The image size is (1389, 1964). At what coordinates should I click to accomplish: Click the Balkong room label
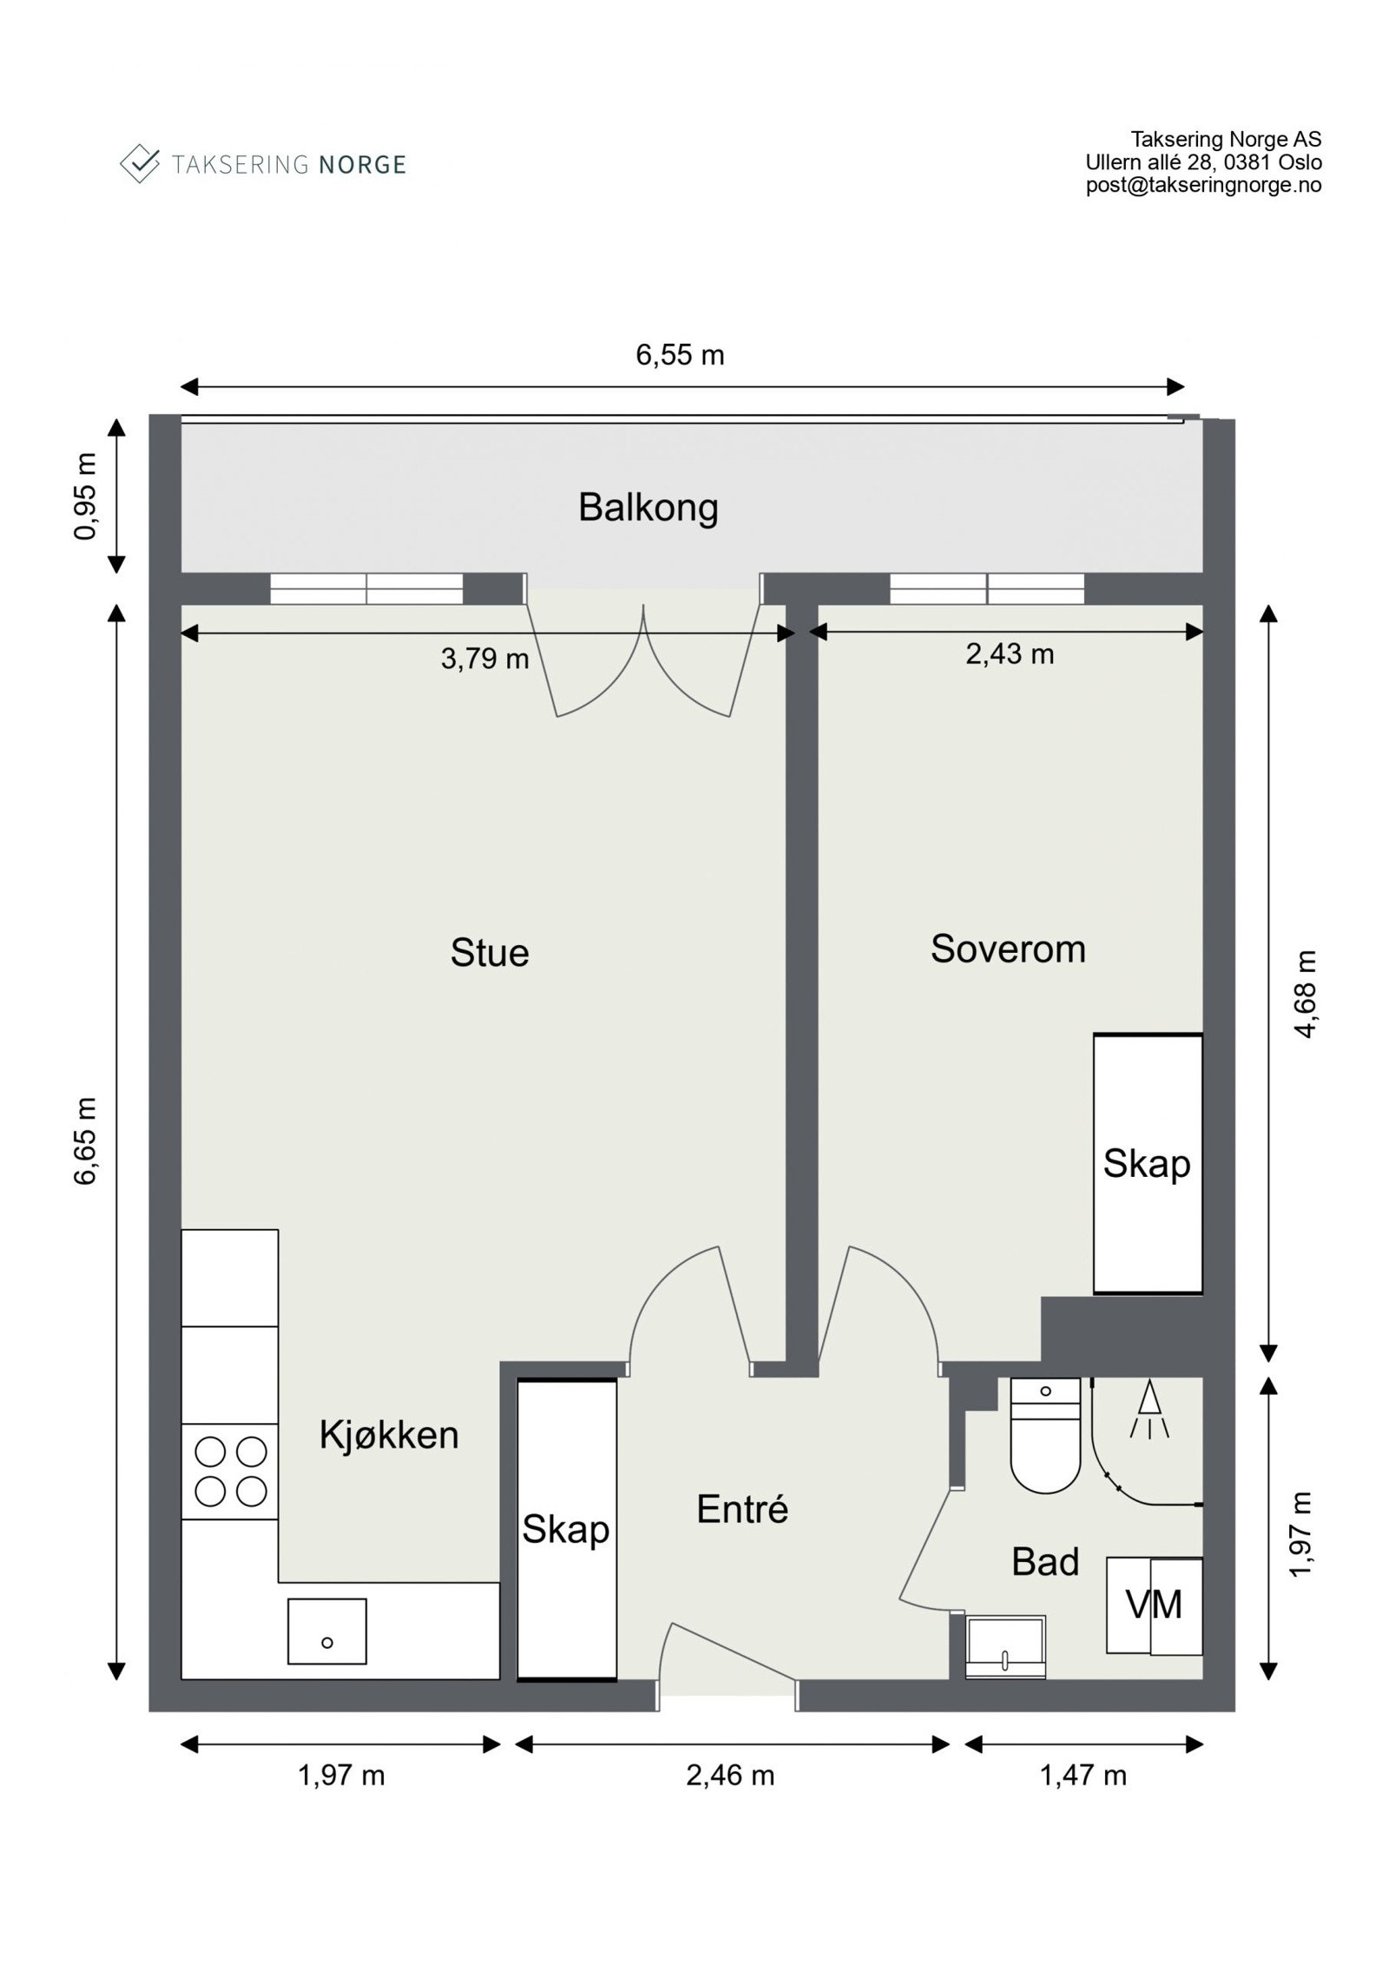[648, 509]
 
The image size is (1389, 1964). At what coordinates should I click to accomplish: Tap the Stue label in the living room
[489, 952]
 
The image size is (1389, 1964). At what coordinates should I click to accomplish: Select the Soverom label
[1008, 949]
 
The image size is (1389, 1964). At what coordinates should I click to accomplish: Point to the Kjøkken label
[388, 1435]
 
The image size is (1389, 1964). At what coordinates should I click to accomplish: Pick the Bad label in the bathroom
[1045, 1561]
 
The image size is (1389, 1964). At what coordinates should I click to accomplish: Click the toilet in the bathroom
[1045, 1435]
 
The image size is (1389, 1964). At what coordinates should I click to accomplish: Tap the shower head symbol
[1149, 1410]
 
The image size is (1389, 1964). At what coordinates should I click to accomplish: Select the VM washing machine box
[1154, 1606]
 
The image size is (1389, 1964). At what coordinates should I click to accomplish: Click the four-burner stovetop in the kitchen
[230, 1471]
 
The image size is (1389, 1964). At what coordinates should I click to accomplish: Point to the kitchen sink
[326, 1632]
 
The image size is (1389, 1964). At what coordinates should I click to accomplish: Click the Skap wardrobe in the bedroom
[1148, 1164]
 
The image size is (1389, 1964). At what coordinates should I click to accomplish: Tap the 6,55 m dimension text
[680, 355]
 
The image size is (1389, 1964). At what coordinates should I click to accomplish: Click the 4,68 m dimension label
[1306, 994]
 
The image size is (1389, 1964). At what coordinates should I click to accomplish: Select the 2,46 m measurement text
[730, 1776]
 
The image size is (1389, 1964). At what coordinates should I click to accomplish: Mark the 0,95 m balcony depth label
[85, 496]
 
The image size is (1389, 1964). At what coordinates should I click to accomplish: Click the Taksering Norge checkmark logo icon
[139, 163]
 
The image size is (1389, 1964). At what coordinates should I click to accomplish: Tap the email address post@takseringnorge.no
[1203, 185]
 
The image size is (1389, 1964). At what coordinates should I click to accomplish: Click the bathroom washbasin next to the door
[1005, 1646]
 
